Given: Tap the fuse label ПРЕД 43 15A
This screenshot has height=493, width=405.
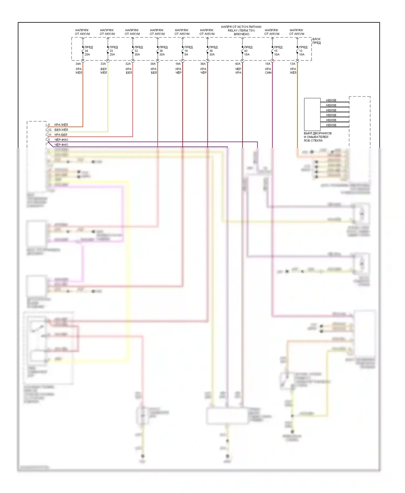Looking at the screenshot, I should point(248,51).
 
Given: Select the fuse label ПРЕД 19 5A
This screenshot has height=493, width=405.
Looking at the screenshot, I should point(188,51).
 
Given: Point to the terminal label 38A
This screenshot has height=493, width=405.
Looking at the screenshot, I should point(153,64).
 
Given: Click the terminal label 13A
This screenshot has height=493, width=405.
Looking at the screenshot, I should point(292,64).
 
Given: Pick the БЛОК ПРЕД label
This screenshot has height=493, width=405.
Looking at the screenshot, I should point(316,41).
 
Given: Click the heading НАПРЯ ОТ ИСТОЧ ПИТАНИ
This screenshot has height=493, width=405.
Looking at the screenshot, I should point(241,27).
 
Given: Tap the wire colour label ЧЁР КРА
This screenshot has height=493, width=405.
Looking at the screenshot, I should point(238,71).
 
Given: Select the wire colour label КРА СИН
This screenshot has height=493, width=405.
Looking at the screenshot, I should point(268,71).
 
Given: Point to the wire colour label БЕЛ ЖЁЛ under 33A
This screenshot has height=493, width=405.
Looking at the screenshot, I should point(103,71).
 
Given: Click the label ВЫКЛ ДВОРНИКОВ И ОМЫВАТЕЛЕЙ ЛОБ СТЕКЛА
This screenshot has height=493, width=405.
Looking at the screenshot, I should point(317,137).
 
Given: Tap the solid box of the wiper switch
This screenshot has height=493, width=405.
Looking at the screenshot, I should point(312,114).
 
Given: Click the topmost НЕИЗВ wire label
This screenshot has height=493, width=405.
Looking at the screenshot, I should point(331,100).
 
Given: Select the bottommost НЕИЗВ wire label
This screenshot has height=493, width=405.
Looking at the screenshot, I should point(331,125).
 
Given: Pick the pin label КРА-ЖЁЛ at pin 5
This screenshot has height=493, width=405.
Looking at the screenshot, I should point(61,125).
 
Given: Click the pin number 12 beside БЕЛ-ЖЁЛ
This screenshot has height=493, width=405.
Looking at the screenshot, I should point(50,130).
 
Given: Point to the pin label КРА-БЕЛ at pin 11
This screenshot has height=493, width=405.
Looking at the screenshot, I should point(61,135).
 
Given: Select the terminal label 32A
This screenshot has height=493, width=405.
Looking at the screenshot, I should point(128,64).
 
